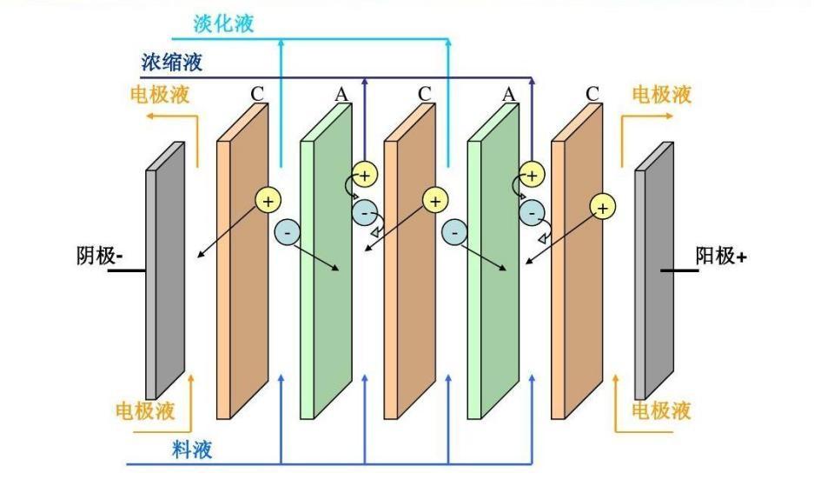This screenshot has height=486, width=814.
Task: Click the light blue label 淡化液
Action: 224,23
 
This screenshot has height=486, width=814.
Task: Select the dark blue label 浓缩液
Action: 172,63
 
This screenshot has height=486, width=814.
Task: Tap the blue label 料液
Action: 191,449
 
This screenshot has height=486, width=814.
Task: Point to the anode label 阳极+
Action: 721,256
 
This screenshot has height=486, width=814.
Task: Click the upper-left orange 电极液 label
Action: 160,93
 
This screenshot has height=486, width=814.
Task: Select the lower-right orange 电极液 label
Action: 661,409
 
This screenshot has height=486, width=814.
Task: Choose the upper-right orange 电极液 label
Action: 661,93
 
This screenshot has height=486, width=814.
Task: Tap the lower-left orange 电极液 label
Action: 145,409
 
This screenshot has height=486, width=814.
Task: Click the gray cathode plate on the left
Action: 164,270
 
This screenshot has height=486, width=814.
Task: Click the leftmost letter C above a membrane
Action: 257,93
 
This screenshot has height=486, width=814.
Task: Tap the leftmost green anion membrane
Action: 325,270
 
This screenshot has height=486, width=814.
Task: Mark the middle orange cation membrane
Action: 408,270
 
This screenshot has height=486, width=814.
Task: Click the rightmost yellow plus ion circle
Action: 602,206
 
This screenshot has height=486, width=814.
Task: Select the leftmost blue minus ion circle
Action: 287,231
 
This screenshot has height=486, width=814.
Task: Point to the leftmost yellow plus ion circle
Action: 268,201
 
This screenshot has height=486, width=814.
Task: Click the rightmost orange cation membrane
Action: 576,270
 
